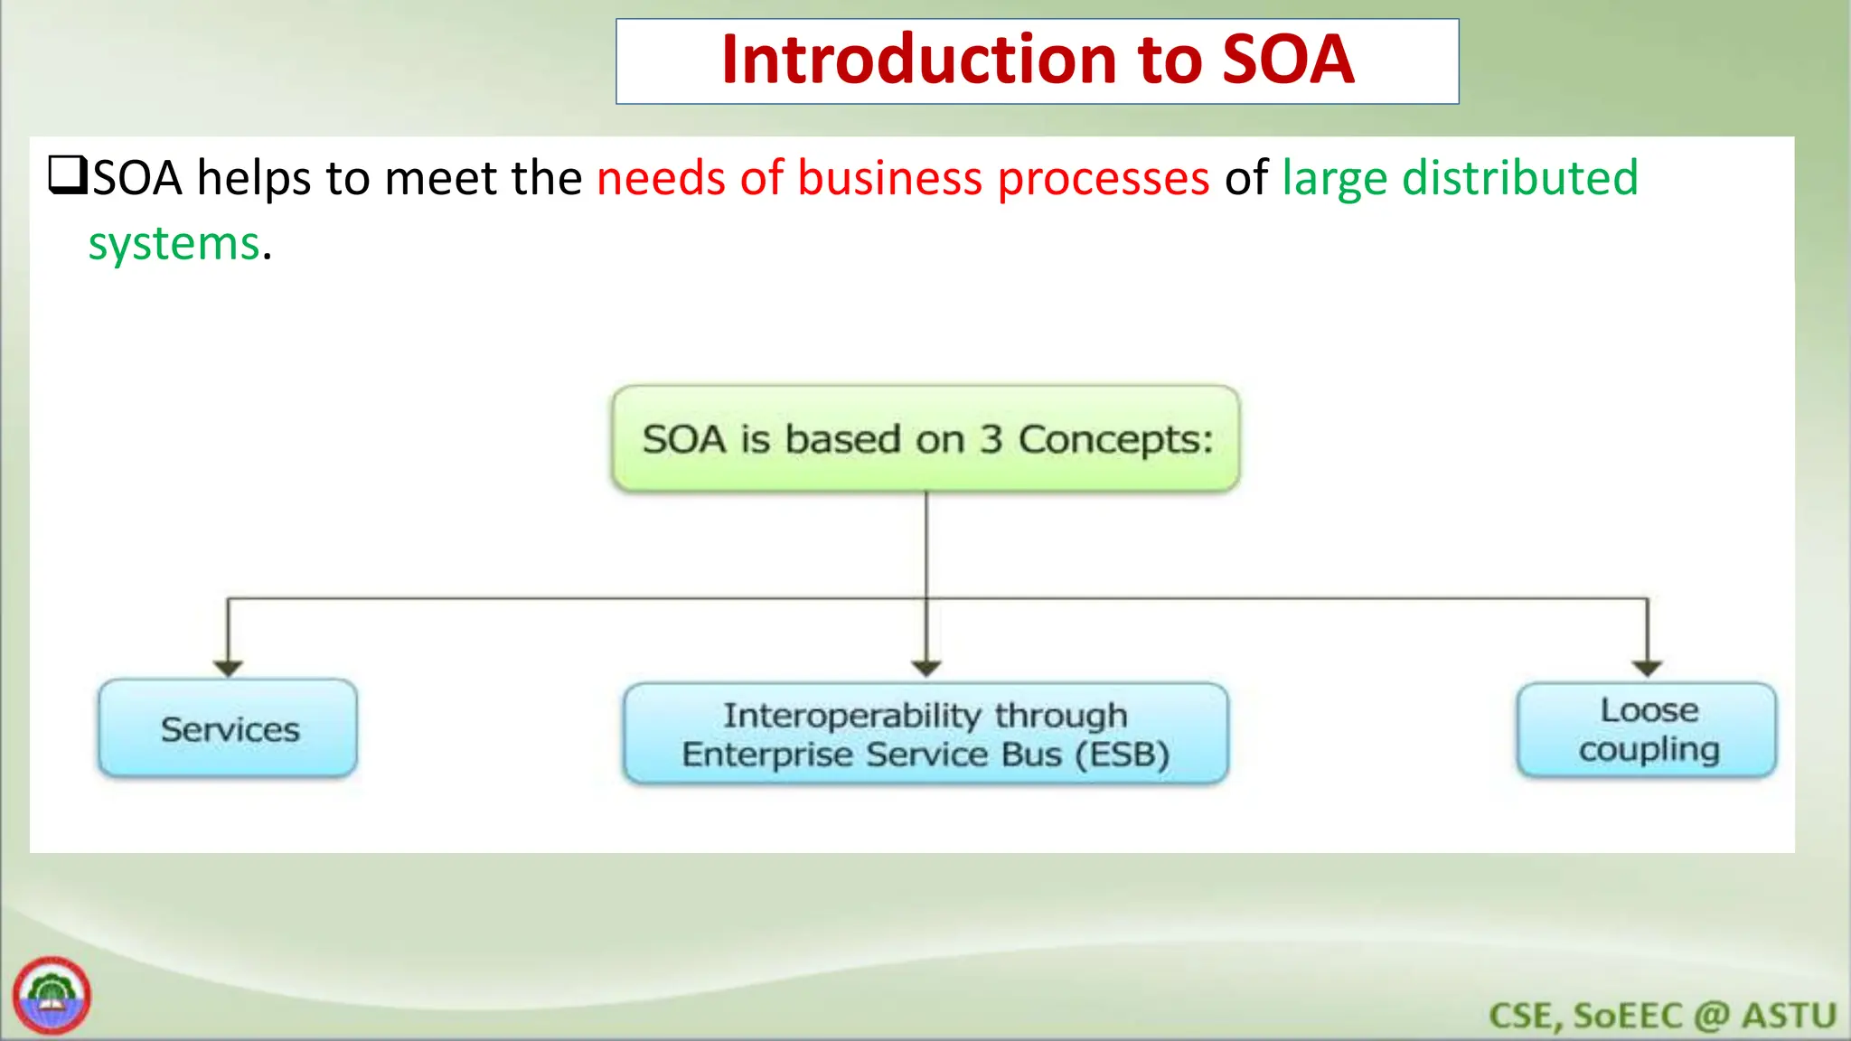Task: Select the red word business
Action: coord(889,178)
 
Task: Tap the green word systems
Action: coord(174,245)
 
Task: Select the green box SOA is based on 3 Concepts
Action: coord(925,439)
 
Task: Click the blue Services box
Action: coord(228,728)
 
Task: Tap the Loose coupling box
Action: coord(1647,730)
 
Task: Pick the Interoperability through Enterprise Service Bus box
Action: coord(925,734)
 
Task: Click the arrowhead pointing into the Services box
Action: coord(228,668)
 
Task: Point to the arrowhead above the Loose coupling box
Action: coord(1647,668)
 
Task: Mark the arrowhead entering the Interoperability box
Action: coord(926,668)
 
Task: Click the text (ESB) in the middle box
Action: coord(1122,755)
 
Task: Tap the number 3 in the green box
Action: coord(991,440)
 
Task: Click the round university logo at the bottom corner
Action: coord(52,996)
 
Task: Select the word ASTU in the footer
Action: coord(1789,1016)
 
